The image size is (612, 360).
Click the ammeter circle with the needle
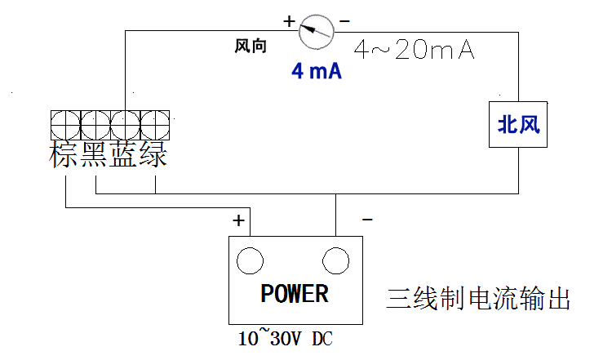point(316,33)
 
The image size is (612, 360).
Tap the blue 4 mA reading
point(316,71)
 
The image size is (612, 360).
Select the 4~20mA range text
point(414,51)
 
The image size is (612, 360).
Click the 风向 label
point(251,47)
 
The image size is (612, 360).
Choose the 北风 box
point(519,125)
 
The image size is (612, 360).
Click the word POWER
point(295,293)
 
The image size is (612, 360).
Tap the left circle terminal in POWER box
point(250,260)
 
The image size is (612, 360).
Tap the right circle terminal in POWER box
point(335,260)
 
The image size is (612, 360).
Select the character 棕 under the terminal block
point(65,154)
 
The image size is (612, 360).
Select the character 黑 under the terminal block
point(95,154)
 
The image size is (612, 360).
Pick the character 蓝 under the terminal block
point(124,154)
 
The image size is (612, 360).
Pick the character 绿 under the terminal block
point(153,154)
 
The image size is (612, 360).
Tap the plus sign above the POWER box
point(238,220)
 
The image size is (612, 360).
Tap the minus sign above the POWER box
point(367,220)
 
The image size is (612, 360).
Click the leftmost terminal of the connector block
point(65,125)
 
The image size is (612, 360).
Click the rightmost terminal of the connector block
point(154,125)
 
